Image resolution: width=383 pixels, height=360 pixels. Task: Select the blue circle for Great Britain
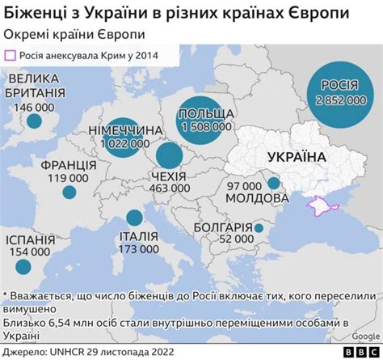34,121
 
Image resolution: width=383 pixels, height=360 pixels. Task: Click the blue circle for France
69,193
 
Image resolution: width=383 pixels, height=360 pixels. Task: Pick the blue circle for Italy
133,218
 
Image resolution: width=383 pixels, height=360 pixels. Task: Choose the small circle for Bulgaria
258,228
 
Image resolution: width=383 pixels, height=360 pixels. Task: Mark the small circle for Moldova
274,184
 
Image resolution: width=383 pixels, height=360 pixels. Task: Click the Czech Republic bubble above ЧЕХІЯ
169,156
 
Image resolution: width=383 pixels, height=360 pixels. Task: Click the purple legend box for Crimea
11,56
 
